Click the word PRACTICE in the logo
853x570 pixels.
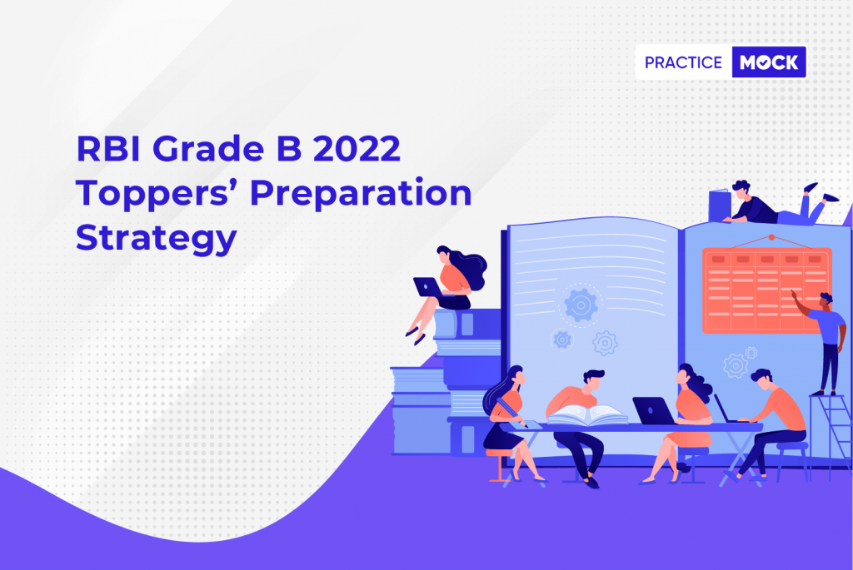[683, 62]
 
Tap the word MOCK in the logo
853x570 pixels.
[769, 62]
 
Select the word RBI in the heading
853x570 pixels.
[109, 148]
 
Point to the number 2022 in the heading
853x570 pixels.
[357, 148]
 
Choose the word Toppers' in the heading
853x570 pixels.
[157, 194]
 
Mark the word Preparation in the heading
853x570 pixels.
[361, 194]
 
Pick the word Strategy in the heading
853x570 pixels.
[157, 239]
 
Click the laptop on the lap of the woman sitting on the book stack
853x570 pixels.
[429, 287]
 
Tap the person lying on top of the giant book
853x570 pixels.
[778, 205]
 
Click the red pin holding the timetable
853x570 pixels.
[771, 237]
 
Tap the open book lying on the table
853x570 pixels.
[587, 415]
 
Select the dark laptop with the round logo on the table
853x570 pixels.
[654, 410]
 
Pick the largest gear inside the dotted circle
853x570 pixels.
[581, 305]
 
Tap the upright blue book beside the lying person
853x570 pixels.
[720, 206]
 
